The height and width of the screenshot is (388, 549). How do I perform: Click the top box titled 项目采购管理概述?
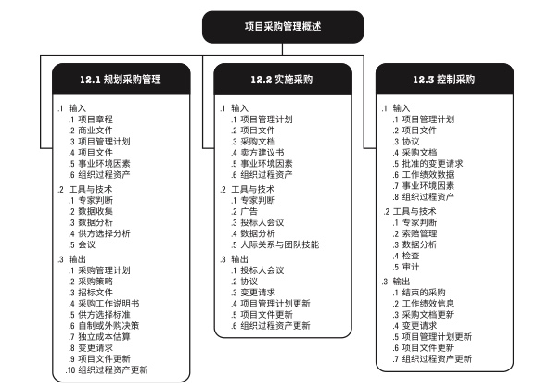(283, 27)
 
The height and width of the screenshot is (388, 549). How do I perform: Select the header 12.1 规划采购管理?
(121, 80)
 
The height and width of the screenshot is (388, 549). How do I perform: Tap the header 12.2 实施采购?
(282, 80)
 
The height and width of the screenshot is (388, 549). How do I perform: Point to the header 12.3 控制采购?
(444, 80)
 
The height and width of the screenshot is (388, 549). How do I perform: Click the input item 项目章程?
(96, 119)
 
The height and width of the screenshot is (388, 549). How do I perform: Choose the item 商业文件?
(96, 131)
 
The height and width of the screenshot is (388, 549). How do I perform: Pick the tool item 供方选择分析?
(105, 233)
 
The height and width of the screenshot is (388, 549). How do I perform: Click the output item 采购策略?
(96, 282)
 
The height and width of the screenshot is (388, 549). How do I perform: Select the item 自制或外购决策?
(109, 326)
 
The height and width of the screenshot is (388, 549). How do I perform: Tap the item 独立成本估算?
(105, 337)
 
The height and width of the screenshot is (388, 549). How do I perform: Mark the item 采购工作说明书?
(109, 304)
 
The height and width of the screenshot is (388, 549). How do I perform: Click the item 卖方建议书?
(262, 153)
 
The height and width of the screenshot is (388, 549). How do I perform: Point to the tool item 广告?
(249, 211)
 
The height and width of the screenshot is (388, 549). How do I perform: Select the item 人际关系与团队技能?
(280, 244)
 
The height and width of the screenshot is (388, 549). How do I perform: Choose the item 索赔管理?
(419, 233)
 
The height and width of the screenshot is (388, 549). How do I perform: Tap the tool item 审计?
(411, 267)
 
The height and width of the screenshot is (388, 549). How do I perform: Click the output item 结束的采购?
(424, 293)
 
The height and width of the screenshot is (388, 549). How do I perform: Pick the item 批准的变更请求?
(432, 164)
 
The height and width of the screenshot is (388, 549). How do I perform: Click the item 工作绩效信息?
(428, 304)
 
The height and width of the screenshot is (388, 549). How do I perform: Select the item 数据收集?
(96, 211)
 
